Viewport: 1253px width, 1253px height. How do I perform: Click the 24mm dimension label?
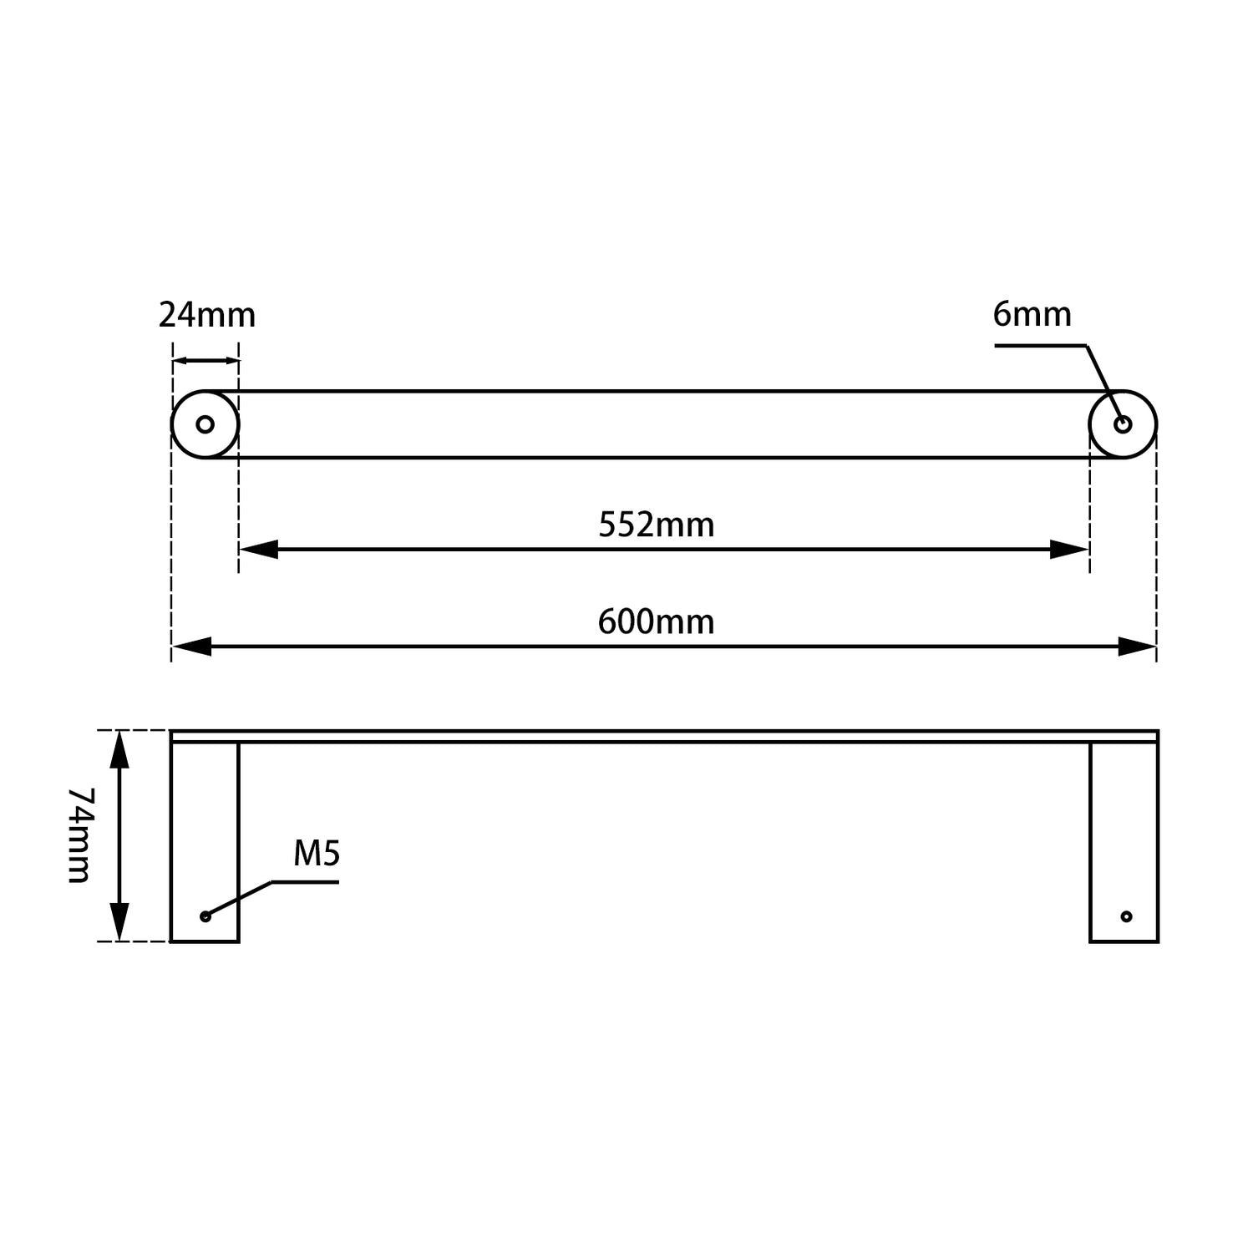(207, 316)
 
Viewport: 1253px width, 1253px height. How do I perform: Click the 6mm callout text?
(1032, 315)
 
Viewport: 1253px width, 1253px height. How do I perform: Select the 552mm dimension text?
(657, 525)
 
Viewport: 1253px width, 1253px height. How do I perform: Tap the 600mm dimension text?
(657, 622)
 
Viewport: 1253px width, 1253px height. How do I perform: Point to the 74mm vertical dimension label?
(79, 835)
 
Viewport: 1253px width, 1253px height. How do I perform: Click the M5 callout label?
(317, 854)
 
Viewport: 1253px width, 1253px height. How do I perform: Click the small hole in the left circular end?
(205, 424)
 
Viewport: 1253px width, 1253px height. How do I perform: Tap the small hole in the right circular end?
(1123, 424)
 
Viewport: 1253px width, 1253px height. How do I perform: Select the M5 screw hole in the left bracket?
(205, 916)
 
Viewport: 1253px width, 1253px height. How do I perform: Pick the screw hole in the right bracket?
(1126, 916)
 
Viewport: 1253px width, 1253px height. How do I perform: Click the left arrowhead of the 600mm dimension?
(190, 647)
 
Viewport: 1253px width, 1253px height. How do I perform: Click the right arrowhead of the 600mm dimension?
(1138, 647)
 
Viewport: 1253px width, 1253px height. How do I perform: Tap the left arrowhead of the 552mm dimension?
(257, 550)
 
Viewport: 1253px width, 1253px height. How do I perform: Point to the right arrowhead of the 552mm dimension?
(1070, 550)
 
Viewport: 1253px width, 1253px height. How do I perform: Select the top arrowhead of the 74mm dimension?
(120, 748)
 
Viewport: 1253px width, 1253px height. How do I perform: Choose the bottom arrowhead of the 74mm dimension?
(120, 923)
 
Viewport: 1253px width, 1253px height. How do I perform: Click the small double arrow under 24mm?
(205, 361)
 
